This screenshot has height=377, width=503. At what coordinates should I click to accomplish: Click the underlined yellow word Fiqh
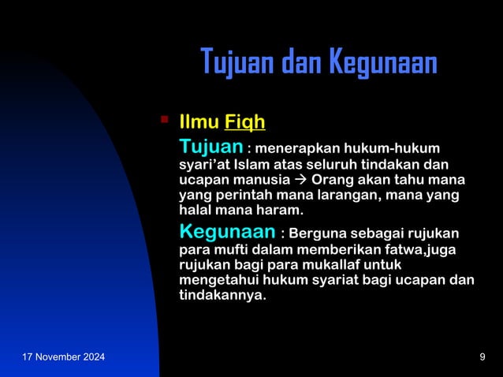(x=244, y=123)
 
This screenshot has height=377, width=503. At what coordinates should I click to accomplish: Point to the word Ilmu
(x=199, y=123)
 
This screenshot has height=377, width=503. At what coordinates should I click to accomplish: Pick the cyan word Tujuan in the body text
(x=211, y=147)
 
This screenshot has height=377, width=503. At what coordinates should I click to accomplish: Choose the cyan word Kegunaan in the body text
(x=228, y=233)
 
